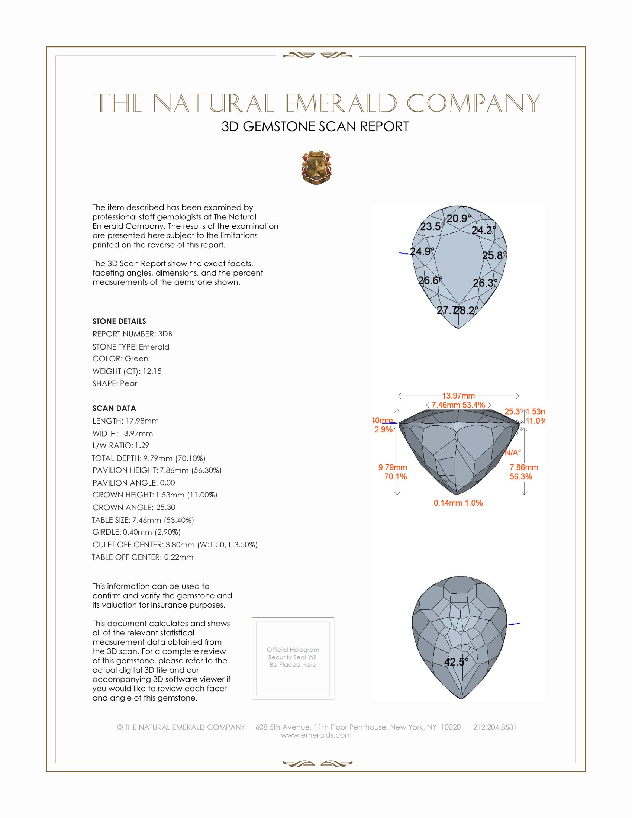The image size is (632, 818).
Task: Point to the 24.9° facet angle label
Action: tap(422, 251)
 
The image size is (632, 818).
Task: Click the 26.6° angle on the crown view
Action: tap(430, 280)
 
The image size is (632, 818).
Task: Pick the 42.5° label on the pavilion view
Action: tap(456, 662)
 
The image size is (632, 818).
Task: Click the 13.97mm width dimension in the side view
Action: tap(458, 396)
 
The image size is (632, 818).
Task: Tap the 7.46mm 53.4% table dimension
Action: tap(458, 405)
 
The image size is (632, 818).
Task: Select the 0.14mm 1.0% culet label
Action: tap(458, 503)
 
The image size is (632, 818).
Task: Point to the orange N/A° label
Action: tap(513, 453)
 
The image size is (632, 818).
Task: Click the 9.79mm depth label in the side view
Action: tap(392, 467)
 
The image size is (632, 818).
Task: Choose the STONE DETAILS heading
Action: tap(119, 321)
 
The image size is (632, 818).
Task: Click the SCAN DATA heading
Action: tap(114, 408)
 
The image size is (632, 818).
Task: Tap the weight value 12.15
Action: tap(152, 371)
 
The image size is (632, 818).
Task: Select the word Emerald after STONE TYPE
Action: tap(154, 347)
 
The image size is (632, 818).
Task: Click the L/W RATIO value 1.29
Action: tap(142, 445)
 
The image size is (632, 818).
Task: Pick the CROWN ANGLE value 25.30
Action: tap(165, 507)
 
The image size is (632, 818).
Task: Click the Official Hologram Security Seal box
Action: tap(293, 658)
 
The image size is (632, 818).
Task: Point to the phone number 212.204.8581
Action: tap(494, 727)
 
